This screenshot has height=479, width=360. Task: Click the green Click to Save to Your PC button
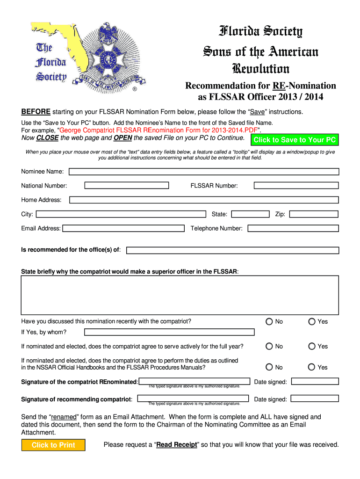(x=295, y=140)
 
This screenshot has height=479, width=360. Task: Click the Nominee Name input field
(x=204, y=172)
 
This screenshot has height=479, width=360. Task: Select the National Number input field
(x=126, y=186)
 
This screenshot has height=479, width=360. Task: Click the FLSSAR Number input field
(x=296, y=186)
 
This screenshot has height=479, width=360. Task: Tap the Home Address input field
(x=204, y=200)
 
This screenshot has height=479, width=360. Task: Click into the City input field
(x=121, y=214)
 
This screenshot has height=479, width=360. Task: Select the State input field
(x=250, y=214)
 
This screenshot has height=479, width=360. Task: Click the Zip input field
(x=313, y=214)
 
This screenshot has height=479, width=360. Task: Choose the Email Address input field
(x=123, y=228)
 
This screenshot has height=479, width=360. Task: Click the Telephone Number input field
(x=293, y=228)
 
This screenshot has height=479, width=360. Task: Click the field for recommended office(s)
(x=233, y=250)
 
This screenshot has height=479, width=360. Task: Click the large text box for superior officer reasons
(x=180, y=295)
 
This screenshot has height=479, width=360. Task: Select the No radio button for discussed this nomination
(x=269, y=322)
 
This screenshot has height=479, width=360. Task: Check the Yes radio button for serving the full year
(x=312, y=347)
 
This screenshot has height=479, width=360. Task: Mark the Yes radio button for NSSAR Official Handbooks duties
(x=312, y=367)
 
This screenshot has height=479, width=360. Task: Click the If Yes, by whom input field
(x=169, y=332)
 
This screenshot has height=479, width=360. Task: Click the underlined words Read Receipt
(x=177, y=445)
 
